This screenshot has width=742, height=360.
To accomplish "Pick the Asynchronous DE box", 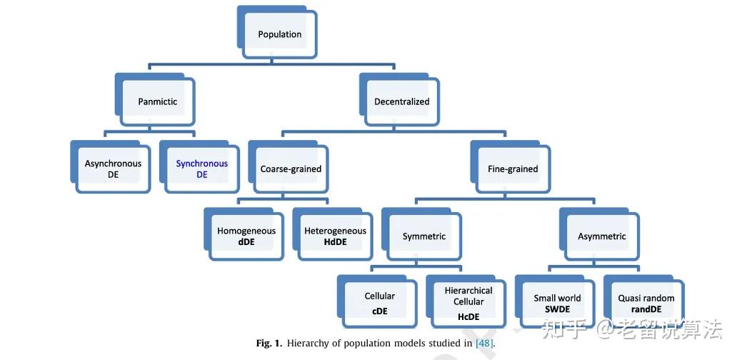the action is (111, 167).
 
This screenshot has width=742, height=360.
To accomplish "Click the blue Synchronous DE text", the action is (202, 169).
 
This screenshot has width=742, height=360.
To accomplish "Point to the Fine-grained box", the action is (511, 167).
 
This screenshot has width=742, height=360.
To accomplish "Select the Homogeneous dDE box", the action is (244, 234).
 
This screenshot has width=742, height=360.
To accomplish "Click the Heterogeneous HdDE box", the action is (333, 234).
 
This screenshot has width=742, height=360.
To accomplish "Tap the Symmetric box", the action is (422, 234).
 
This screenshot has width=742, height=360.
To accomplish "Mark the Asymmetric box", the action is (600, 234).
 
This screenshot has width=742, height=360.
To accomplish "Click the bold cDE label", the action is (379, 311).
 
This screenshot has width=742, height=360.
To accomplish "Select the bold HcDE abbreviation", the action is (468, 316).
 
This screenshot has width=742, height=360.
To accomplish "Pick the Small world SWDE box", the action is (555, 301).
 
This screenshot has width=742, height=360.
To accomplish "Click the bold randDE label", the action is (646, 309).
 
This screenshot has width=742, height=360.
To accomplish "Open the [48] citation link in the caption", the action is (485, 343).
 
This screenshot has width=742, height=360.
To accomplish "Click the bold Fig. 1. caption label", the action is (270, 343).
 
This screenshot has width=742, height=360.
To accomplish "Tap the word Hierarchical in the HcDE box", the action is (468, 291).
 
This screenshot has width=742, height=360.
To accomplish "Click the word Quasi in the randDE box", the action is (629, 298).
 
